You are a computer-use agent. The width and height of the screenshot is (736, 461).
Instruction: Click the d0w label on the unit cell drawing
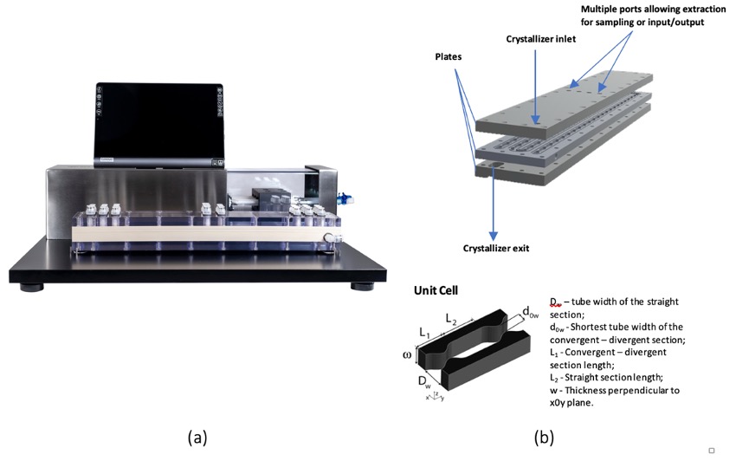pos(530,310)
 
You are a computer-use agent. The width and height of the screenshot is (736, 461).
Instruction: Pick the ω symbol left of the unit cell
pos(408,355)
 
